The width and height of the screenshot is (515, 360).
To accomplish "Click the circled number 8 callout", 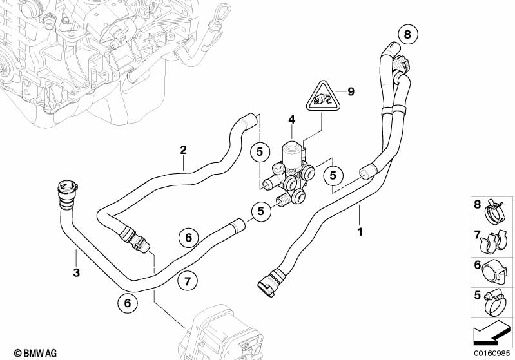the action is [x=407, y=34].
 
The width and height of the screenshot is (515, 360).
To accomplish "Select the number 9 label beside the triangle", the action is [x=351, y=91].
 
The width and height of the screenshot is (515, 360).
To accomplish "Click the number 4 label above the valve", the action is [x=291, y=120].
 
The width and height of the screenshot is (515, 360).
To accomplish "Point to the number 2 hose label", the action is [x=183, y=150].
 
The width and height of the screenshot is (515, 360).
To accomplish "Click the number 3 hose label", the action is [x=76, y=272].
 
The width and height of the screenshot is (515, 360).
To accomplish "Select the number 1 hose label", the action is [x=360, y=232].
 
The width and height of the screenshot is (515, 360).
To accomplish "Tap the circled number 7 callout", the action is [x=187, y=281].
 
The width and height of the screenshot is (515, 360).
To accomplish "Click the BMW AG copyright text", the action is [x=35, y=353].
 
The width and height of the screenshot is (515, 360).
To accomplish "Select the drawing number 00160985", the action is [x=492, y=353].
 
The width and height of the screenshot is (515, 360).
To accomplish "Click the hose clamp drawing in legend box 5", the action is [x=495, y=303].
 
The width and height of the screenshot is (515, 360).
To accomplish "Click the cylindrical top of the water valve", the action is [x=291, y=151].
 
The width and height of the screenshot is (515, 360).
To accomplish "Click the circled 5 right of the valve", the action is [x=333, y=176].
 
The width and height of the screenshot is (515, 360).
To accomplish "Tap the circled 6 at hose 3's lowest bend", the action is [x=128, y=303].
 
